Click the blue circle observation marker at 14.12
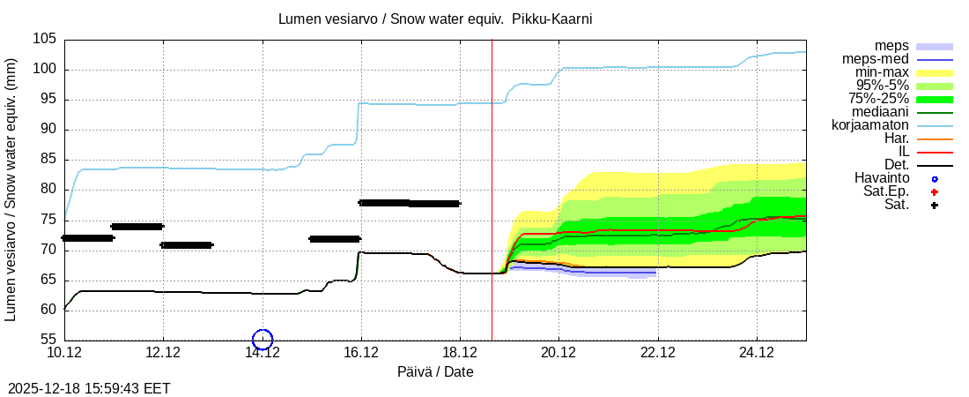(263, 339)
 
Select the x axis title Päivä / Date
(434, 372)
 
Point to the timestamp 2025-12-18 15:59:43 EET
(89, 388)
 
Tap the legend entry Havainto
(882, 178)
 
